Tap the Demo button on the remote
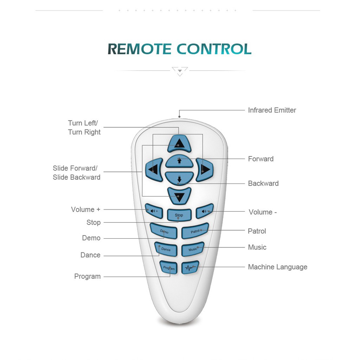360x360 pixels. click(x=164, y=231)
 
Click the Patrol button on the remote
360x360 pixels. click(x=195, y=231)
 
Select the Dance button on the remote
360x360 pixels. click(x=166, y=249)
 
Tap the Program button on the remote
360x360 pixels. click(x=169, y=268)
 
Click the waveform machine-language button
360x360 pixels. click(x=190, y=268)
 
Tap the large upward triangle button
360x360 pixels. click(x=179, y=144)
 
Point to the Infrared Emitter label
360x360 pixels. click(x=272, y=110)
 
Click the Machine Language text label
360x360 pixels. click(x=278, y=267)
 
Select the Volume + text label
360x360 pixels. click(x=86, y=210)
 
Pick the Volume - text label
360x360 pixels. click(x=263, y=212)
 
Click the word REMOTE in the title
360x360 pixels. click(x=140, y=49)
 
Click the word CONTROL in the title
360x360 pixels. click(x=214, y=49)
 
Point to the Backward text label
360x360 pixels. click(x=263, y=184)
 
